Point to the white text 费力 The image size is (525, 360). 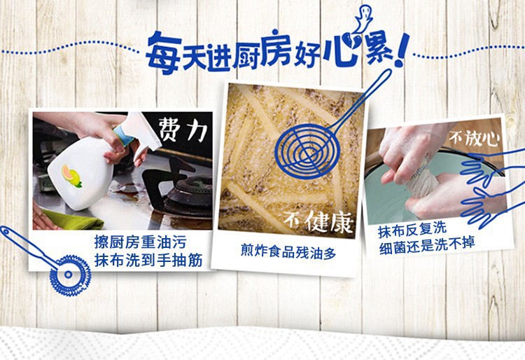click(x=182, y=129)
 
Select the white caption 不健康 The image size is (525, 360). click(x=318, y=221)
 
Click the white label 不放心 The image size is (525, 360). click(x=474, y=137)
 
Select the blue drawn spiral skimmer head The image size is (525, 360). click(x=307, y=151)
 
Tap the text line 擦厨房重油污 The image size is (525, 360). click(x=140, y=242)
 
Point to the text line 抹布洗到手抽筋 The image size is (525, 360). click(x=148, y=261)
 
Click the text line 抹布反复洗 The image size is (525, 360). click(x=412, y=230)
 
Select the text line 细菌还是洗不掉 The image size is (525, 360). click(x=427, y=247)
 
